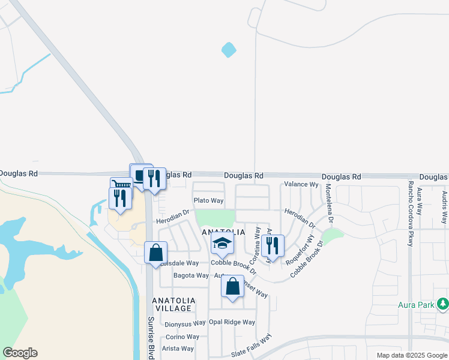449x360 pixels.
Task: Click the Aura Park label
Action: [416, 305]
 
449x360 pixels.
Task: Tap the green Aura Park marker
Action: [443, 304]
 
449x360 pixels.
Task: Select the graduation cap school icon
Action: [222, 245]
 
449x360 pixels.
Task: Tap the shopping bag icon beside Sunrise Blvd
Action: [155, 253]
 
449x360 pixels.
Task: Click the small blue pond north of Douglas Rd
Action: [229, 50]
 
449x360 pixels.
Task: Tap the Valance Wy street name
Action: [301, 185]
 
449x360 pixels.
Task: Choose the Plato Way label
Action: [208, 200]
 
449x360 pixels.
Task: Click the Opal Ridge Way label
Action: [232, 322]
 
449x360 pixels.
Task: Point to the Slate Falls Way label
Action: [251, 347]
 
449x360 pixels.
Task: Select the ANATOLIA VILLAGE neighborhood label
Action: [173, 304]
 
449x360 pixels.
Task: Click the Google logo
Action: [20, 353]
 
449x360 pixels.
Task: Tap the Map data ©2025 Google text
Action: [411, 355]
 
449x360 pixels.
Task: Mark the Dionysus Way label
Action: [185, 324]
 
